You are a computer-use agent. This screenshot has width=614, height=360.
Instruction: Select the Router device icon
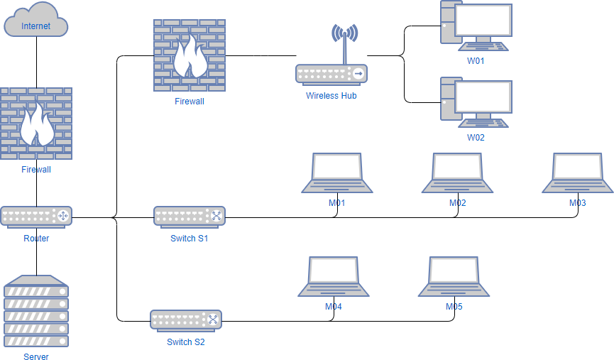point(36,216)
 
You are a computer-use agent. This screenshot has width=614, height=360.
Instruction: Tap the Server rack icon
point(36,312)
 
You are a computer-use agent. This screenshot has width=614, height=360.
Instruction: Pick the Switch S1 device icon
point(190,216)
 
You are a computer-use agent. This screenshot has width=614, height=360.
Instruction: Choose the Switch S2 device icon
point(186,320)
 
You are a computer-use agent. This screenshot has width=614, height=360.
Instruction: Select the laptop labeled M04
point(333,276)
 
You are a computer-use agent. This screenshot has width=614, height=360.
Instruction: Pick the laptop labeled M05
point(454,276)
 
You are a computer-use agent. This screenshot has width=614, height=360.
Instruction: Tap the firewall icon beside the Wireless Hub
point(190,55)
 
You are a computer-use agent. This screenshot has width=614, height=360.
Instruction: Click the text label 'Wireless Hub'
point(331,95)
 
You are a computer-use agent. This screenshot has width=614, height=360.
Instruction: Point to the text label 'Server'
point(36,356)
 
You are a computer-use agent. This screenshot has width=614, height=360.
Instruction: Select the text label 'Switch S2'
point(186,342)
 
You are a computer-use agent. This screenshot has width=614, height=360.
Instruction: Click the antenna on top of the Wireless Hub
point(345,43)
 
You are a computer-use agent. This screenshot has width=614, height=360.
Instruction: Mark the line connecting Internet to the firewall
point(36,62)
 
